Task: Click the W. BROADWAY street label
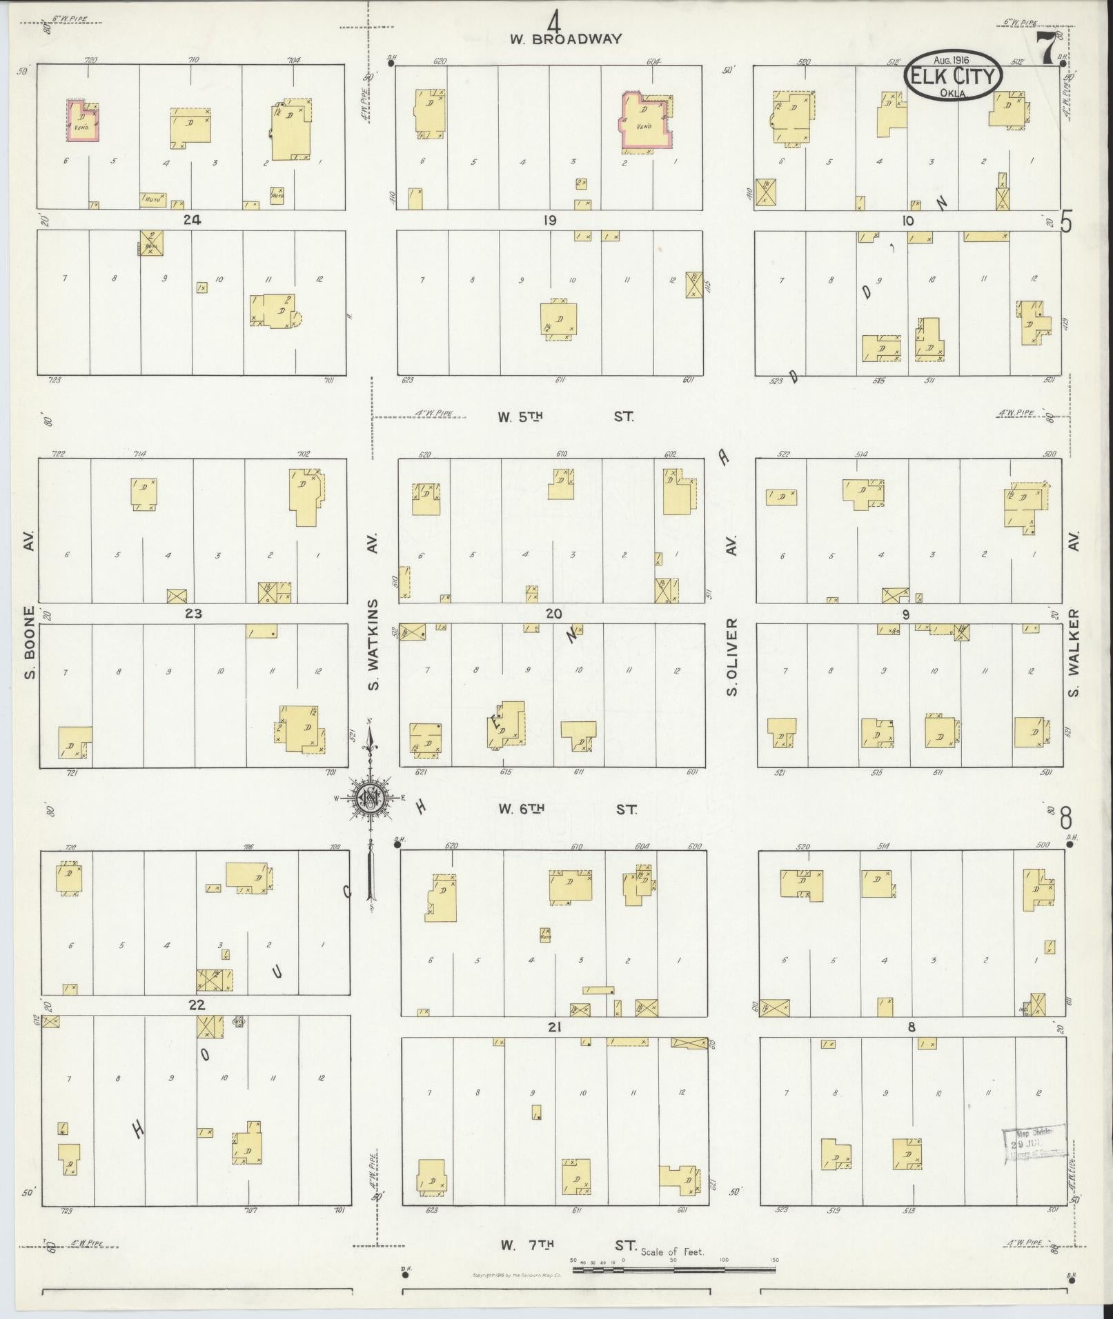(x=566, y=39)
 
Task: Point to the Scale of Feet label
(x=672, y=1251)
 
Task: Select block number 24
(x=192, y=220)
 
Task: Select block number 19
(x=549, y=221)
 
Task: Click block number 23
(x=193, y=614)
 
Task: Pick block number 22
(x=196, y=1005)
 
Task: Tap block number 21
(x=554, y=1027)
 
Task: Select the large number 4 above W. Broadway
(x=554, y=19)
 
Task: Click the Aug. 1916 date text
(x=952, y=61)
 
